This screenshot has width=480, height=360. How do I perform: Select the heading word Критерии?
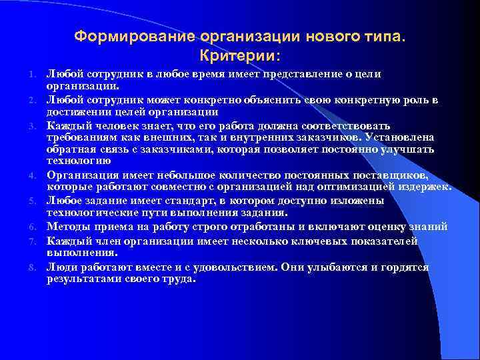pos(240,53)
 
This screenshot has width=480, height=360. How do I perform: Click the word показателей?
pos(381,241)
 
